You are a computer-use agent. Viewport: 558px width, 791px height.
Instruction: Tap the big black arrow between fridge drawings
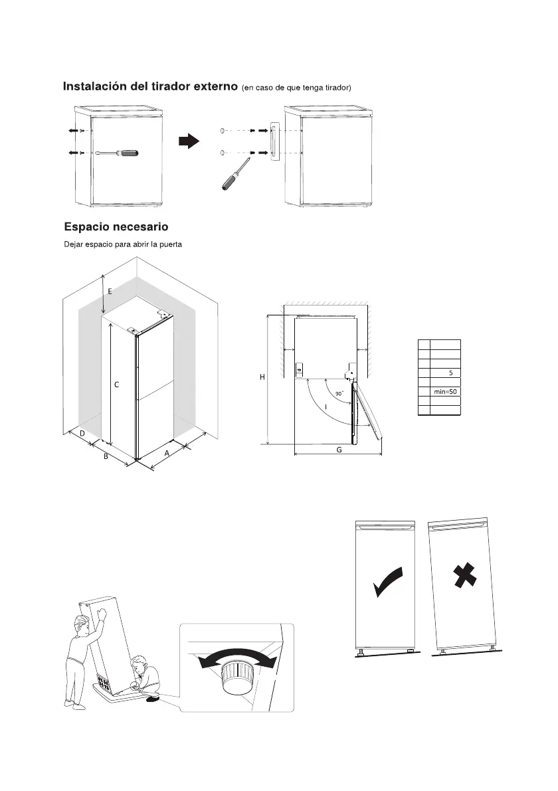click(x=189, y=141)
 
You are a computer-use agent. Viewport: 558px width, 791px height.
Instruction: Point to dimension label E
click(x=110, y=291)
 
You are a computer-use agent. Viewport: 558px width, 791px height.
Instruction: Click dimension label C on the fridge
click(x=117, y=384)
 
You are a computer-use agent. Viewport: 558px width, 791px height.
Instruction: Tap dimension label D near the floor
click(x=81, y=434)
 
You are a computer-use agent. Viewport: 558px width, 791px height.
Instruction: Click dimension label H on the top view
click(x=262, y=377)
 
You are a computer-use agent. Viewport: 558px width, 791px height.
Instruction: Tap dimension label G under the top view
click(x=339, y=450)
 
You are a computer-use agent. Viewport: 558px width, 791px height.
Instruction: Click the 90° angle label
click(x=339, y=394)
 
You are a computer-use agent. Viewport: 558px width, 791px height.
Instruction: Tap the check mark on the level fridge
click(x=388, y=582)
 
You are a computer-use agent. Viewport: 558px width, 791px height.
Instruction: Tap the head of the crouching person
click(x=138, y=663)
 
